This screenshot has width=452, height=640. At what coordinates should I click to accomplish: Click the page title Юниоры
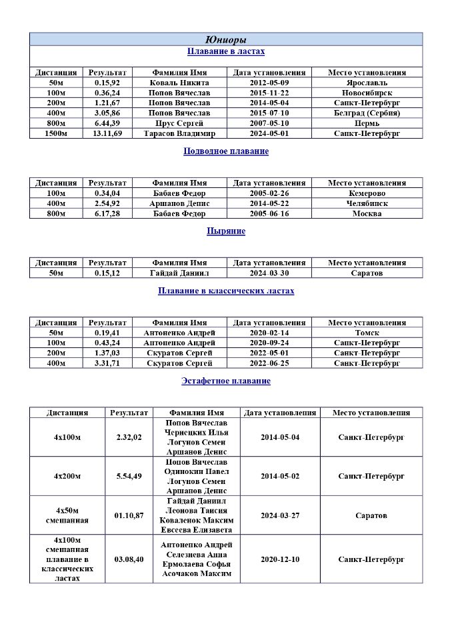225,39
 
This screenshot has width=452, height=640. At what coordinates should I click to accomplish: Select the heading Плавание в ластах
225,51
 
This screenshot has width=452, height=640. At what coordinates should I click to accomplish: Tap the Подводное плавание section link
225,151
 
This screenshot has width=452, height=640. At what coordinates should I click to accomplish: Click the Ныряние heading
225,231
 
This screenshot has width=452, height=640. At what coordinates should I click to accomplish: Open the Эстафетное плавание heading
225,381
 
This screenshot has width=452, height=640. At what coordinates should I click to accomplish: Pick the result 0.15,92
107,83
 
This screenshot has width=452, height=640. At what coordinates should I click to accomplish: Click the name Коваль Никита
179,83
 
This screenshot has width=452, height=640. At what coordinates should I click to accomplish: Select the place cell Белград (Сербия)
367,113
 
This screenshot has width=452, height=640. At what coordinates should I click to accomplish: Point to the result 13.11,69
107,133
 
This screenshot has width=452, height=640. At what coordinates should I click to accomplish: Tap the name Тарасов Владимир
179,133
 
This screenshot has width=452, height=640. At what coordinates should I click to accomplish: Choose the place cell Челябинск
367,203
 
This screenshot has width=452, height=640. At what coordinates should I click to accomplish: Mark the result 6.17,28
107,214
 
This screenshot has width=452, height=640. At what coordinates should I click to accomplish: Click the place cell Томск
367,333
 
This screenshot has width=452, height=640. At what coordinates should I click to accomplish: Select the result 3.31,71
107,363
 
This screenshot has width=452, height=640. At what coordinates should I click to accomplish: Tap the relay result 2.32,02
129,437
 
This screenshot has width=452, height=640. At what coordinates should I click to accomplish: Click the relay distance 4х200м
67,476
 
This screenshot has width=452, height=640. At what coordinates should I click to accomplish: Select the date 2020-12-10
280,559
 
